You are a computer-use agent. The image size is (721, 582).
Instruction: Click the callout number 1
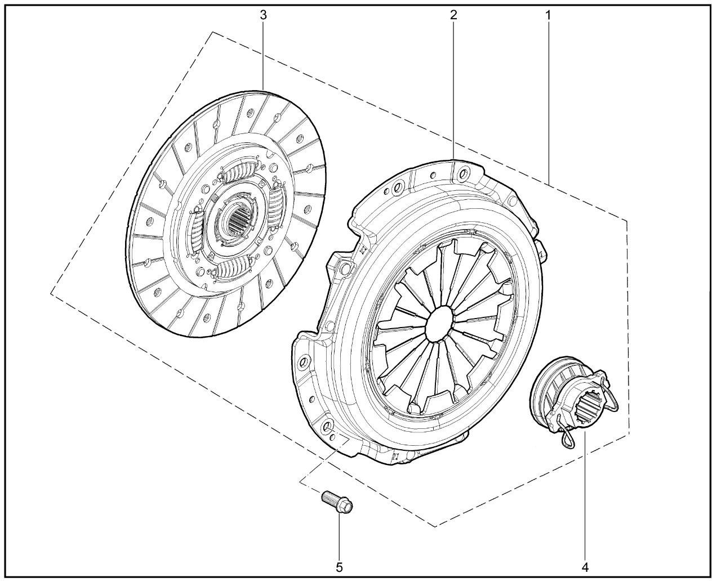548,15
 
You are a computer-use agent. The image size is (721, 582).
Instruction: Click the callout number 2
453,15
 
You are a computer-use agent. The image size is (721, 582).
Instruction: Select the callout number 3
264,15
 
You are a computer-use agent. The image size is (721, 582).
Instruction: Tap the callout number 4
585,567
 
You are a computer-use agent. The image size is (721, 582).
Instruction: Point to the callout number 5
339,567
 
